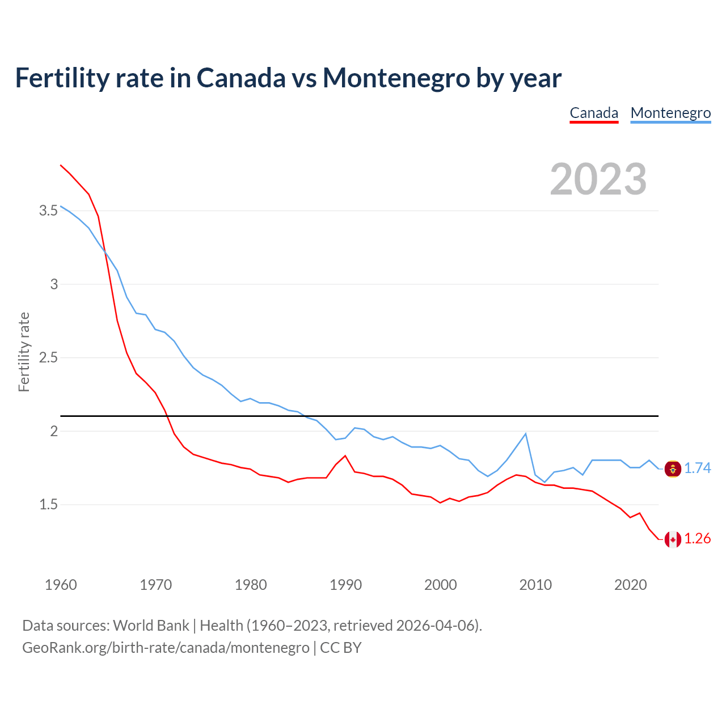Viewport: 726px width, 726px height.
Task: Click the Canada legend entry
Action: click(594, 113)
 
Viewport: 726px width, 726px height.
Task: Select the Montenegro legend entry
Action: click(670, 113)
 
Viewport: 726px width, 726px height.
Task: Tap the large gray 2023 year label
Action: click(598, 179)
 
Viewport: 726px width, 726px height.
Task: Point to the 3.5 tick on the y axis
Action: click(48, 211)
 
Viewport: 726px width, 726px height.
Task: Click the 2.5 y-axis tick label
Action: click(48, 358)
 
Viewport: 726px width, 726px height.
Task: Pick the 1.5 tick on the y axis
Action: click(48, 505)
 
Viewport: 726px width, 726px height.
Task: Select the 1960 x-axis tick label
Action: click(61, 585)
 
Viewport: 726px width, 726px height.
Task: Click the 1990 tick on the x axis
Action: click(345, 585)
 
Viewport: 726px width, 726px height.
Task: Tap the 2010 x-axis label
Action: click(535, 585)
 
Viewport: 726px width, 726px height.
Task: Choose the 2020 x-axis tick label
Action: click(630, 585)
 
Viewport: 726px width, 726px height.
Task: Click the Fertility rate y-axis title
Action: click(24, 352)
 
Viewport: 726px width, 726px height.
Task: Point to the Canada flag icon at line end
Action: click(673, 539)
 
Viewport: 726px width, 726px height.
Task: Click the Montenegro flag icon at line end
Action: click(673, 469)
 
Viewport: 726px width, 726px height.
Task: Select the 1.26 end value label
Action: click(697, 539)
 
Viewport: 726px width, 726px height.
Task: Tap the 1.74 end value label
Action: click(697, 468)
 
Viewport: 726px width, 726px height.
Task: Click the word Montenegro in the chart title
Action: click(396, 78)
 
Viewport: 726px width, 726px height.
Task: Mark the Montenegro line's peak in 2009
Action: click(525, 434)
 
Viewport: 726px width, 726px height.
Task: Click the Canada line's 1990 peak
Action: click(345, 455)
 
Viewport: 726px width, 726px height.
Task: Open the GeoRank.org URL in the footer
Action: click(166, 648)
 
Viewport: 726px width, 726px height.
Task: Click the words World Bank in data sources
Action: click(151, 626)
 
